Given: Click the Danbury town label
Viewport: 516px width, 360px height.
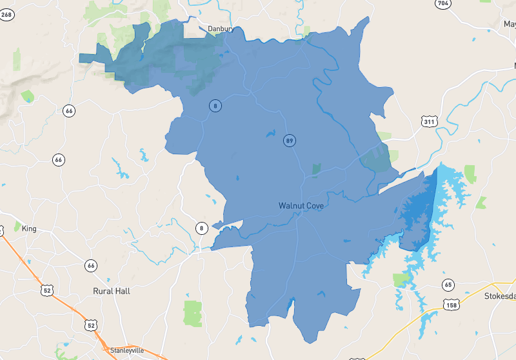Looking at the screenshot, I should [x=221, y=28].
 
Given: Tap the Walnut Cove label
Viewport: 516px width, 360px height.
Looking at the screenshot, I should [x=301, y=205].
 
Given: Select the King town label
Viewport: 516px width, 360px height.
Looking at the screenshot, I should [x=29, y=228].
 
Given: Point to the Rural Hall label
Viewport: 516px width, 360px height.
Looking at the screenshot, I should [x=112, y=291].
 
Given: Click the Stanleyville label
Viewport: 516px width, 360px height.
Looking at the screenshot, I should [x=127, y=350].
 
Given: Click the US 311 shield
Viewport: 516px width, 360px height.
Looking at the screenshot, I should [x=430, y=122].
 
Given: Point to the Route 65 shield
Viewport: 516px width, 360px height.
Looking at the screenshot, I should [x=448, y=285].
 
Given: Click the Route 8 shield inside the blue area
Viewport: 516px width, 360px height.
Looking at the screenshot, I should [x=215, y=106].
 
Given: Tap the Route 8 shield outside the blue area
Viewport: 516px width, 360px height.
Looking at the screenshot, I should [x=201, y=228].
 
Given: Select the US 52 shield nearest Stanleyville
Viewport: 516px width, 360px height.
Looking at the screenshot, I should [x=90, y=324].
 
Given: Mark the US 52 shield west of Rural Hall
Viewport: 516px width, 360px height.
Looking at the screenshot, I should [x=46, y=290].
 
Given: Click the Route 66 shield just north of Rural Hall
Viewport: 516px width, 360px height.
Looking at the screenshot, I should [x=91, y=265].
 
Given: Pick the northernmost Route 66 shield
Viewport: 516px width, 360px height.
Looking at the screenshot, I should [x=69, y=110].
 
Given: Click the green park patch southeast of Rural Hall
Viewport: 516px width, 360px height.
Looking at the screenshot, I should [x=192, y=313].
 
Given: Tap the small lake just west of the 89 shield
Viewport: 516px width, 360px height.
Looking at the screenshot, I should [x=269, y=135].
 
